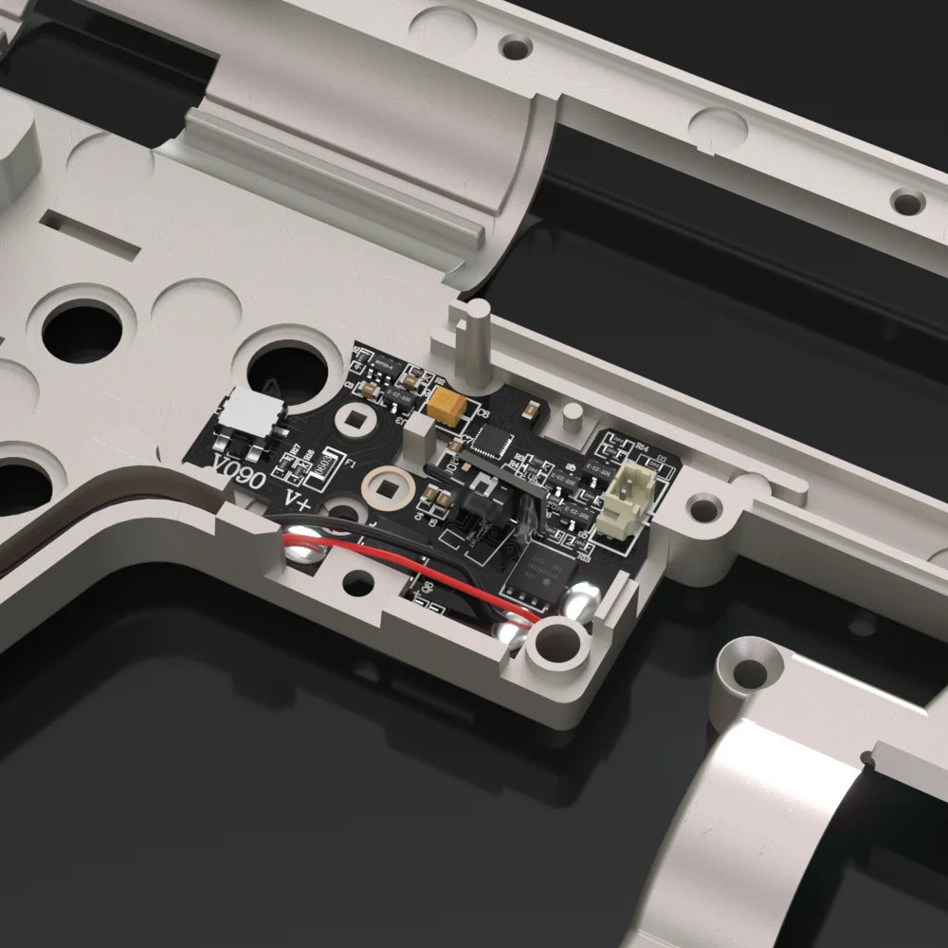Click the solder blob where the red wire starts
point(302,543)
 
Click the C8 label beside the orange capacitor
point(481,413)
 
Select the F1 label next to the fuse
point(351,465)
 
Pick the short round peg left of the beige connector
point(573,415)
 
